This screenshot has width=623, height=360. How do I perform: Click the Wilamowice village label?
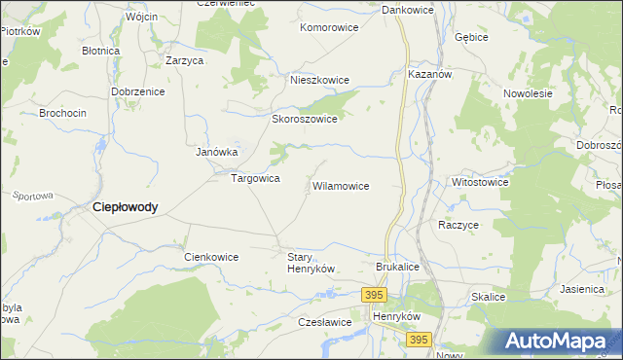[340, 185]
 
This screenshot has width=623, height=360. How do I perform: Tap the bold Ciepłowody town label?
[125, 207]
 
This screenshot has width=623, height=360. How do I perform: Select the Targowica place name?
[255, 179]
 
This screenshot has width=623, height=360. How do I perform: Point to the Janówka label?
[217, 152]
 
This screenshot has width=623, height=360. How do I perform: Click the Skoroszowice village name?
[304, 119]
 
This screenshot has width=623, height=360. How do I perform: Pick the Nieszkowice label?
[317, 81]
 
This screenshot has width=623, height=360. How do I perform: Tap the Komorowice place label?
[329, 28]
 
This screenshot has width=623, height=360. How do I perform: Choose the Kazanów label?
[430, 74]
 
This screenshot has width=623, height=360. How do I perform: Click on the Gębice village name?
[470, 36]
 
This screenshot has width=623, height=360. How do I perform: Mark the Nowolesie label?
[528, 93]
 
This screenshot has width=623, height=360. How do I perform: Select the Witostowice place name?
[480, 182]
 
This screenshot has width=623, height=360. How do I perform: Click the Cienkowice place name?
[211, 257]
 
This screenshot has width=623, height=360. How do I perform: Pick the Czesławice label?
[325, 322]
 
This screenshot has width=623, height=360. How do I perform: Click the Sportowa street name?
[32, 196]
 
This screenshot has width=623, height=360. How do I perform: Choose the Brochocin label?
[62, 113]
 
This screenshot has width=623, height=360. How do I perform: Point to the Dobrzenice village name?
[138, 90]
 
